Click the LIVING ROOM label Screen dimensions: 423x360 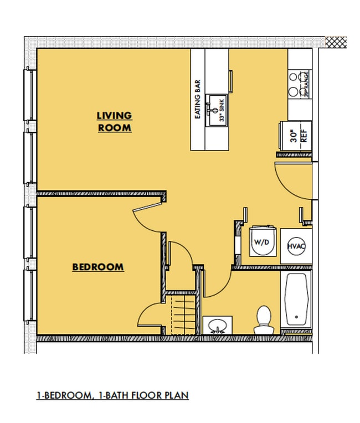[x=115, y=121]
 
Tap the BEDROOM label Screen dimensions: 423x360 [x=98, y=267]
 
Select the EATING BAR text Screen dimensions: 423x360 [x=197, y=99]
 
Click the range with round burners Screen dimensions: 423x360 [x=299, y=83]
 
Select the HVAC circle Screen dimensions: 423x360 [x=294, y=246]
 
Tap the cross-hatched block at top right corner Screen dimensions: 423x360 [x=335, y=42]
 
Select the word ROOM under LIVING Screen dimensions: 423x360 [x=115, y=127]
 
